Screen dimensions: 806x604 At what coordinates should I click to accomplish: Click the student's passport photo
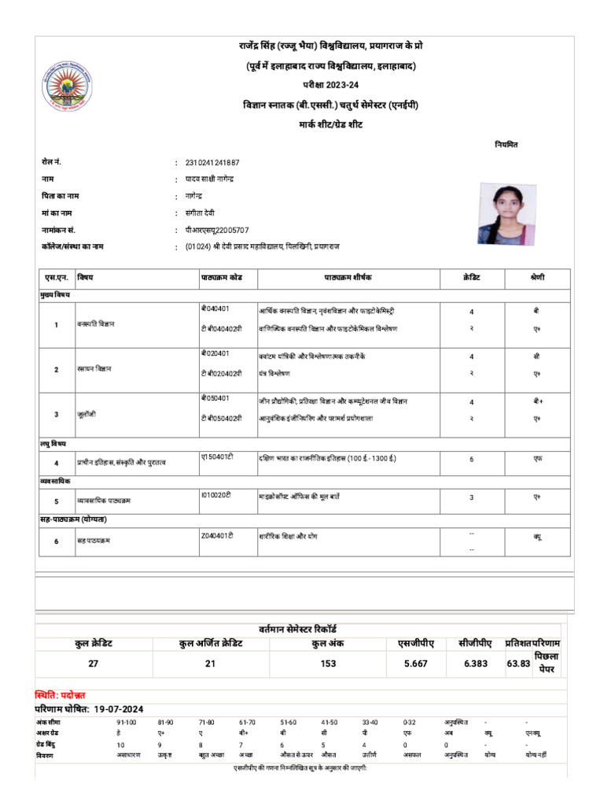coord(503,214)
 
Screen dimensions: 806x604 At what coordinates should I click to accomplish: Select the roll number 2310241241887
coord(212,163)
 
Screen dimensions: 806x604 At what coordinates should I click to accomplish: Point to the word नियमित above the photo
coord(506,145)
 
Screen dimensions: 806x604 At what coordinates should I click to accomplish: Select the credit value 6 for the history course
coord(471,458)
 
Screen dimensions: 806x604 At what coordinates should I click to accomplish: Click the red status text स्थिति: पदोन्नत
coord(61,695)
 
